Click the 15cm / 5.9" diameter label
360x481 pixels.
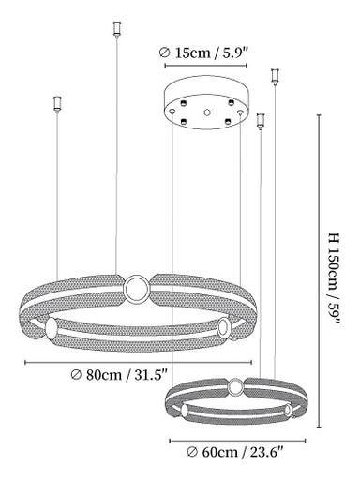pos(203,53)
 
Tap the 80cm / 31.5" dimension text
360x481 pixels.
pos(119,375)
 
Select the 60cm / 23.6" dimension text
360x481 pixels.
pos(235,452)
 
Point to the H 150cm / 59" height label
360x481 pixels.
pos(334,279)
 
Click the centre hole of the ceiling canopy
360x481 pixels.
pos(206,112)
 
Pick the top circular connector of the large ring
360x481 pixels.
pos(136,289)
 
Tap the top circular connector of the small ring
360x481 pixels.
pos(235,387)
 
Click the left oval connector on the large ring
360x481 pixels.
pos(52,329)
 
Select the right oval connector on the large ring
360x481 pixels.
pos(223,327)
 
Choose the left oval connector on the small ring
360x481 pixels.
pos(185,410)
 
